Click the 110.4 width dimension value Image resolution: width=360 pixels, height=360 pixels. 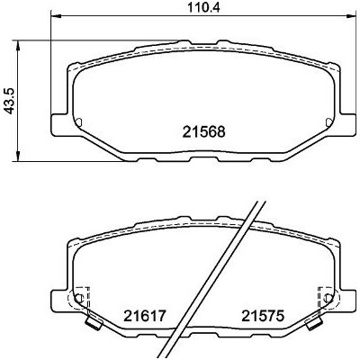(203, 7)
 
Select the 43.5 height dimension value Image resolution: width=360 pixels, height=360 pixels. (10, 101)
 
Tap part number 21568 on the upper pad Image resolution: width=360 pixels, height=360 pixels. (204, 131)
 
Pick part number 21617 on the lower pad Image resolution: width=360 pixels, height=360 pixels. (145, 316)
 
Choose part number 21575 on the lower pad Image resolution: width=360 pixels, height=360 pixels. (263, 316)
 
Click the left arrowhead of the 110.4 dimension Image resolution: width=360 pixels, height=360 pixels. (56, 15)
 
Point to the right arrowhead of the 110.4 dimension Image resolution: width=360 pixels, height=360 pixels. (351, 15)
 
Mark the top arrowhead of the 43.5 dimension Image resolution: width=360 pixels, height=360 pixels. (19, 45)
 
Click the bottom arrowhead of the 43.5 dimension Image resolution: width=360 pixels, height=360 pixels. (19, 157)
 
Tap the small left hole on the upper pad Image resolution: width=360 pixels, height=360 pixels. (79, 122)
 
